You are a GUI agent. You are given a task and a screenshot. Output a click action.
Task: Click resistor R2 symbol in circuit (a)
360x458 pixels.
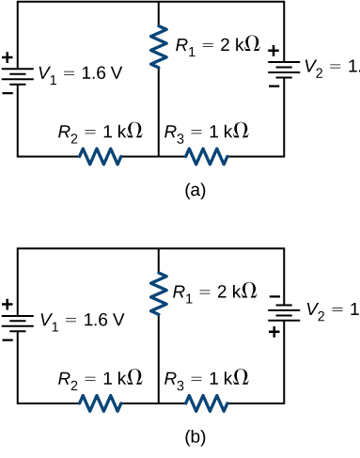[100, 155]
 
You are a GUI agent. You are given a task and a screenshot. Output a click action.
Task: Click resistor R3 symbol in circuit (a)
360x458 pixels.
[206, 155]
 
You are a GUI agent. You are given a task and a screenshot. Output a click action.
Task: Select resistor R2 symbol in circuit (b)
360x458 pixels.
[100, 403]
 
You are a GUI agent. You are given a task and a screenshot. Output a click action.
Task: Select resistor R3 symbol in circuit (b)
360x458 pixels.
[206, 403]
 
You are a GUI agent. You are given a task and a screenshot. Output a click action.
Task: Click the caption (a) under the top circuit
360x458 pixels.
[195, 190]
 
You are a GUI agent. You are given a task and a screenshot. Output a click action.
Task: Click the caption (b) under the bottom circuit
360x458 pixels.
[195, 436]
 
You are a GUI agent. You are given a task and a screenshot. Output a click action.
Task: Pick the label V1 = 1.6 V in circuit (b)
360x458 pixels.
[81, 321]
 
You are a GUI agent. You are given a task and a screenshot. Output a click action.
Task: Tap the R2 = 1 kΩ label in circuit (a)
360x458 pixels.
[101, 132]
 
